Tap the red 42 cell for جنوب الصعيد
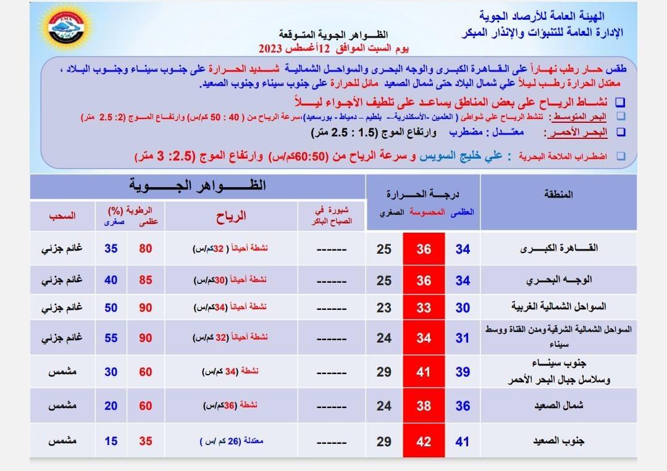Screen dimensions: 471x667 coord(424,441)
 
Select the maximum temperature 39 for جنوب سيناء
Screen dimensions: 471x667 coord(463,372)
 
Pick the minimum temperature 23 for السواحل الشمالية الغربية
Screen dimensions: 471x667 coord(384,307)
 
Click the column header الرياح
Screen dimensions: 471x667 coord(231,216)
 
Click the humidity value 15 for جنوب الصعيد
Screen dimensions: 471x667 coord(111,441)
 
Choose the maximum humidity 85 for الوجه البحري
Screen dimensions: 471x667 coord(146,280)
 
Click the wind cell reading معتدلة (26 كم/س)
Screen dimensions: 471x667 coord(231,442)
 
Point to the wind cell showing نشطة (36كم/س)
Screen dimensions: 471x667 coord(231,406)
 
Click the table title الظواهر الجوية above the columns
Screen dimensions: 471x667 coord(198,185)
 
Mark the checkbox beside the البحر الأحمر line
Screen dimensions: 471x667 coord(621,132)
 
